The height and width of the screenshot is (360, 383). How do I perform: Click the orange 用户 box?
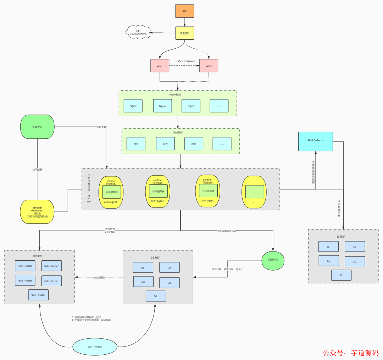185,11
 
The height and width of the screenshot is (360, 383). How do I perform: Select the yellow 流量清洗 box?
185,33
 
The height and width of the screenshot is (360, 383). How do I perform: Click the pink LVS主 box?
160,66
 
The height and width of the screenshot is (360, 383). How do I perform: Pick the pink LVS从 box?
209,66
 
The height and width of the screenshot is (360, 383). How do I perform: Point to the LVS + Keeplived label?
186,61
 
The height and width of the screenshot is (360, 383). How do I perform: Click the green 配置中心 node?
38,127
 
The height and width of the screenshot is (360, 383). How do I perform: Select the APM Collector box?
316,141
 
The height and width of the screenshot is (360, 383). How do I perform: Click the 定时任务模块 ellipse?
95,347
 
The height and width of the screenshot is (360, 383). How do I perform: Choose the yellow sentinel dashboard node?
38,212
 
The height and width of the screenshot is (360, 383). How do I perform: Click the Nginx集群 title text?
177,95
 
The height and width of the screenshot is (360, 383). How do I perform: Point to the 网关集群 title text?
181,132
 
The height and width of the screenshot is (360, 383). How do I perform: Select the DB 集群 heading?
158,257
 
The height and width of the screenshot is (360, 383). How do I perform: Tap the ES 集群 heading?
340,237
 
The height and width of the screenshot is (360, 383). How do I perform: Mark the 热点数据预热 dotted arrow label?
99,277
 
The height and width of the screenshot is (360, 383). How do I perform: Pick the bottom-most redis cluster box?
38,295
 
